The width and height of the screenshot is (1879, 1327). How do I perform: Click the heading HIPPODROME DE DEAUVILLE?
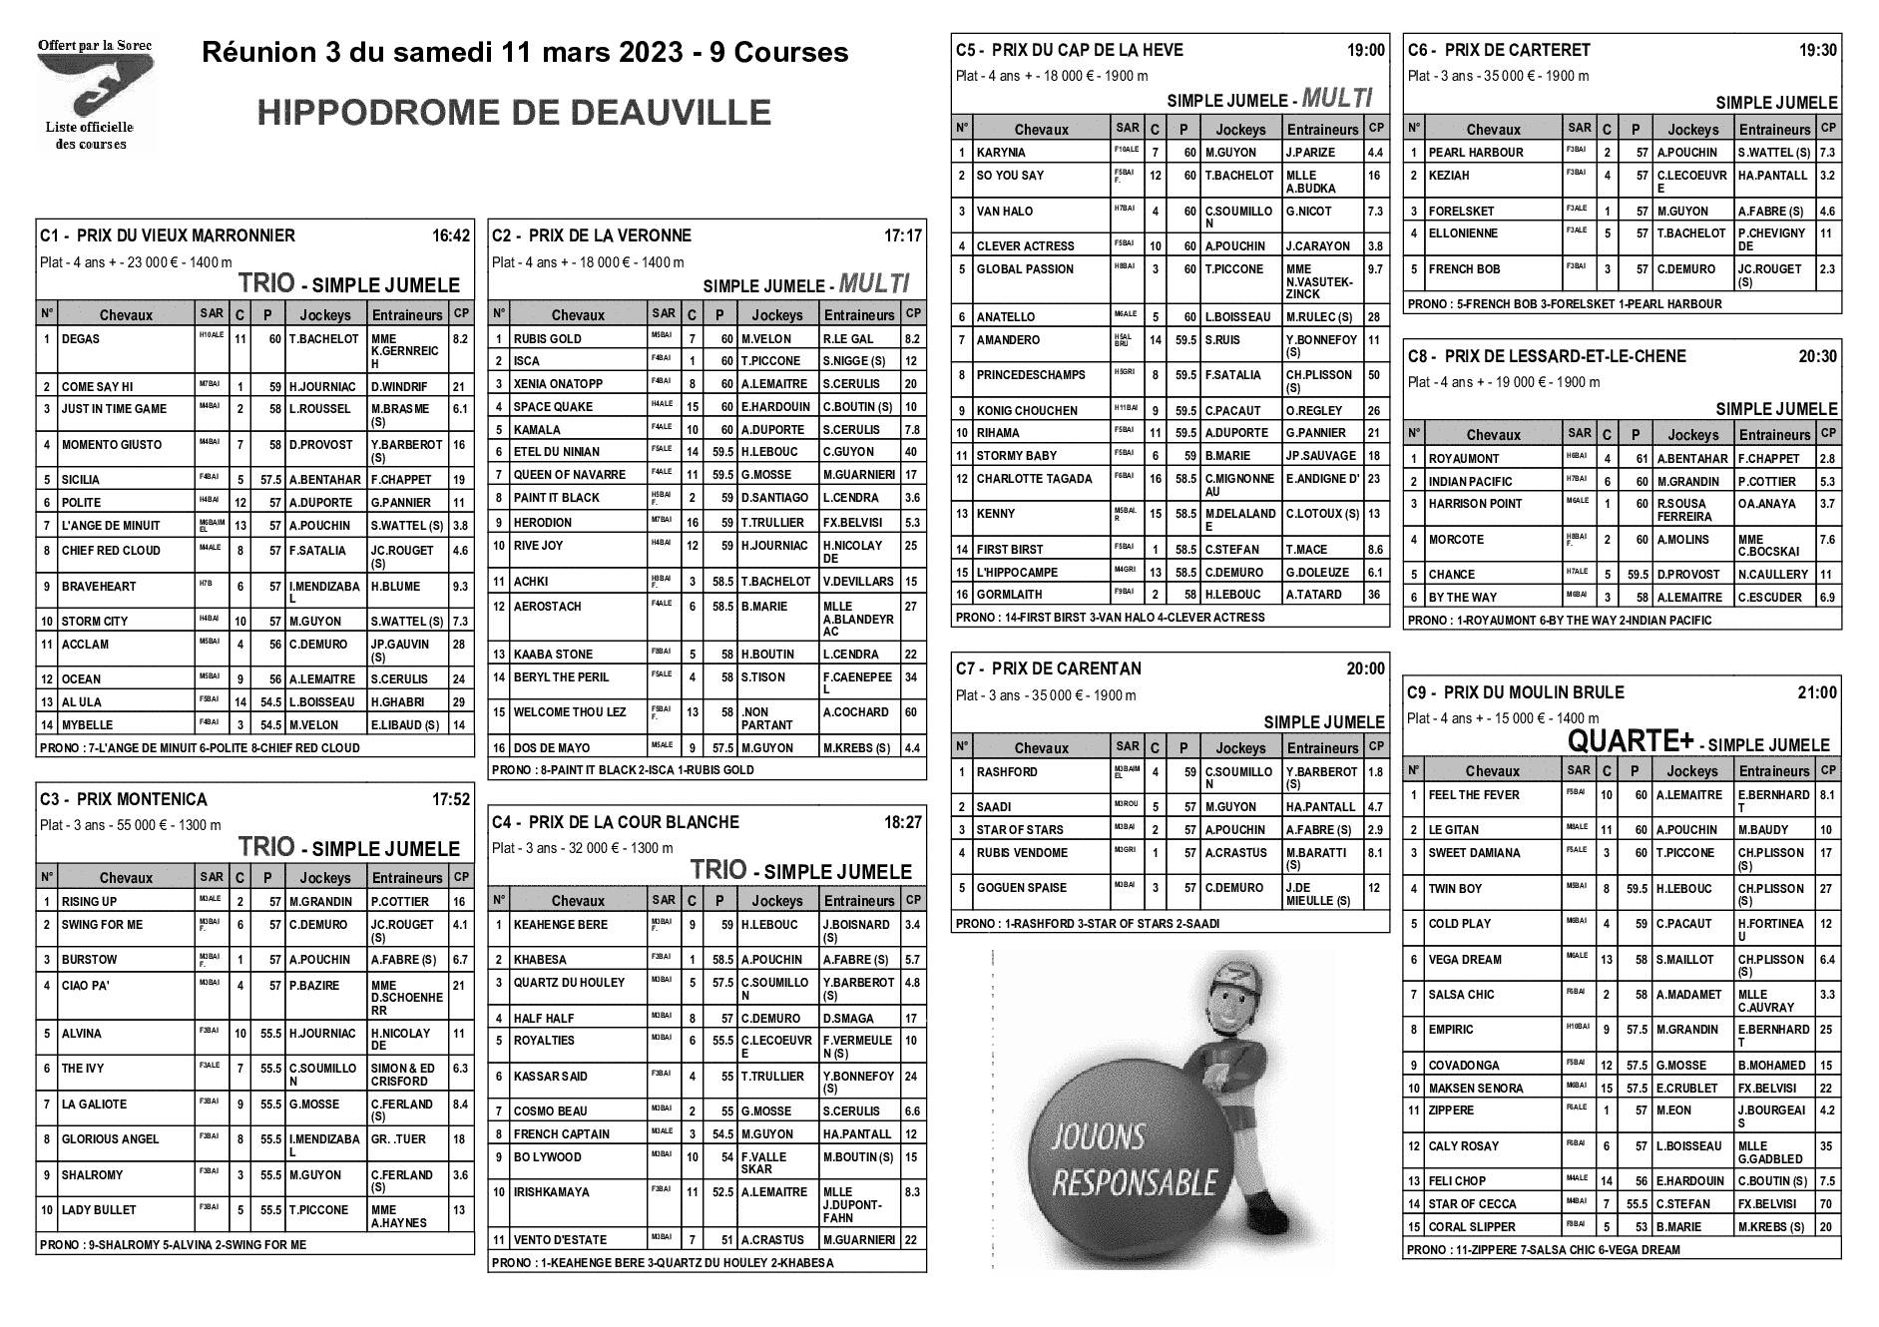click(514, 113)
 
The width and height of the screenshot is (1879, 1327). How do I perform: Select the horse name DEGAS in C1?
click(81, 339)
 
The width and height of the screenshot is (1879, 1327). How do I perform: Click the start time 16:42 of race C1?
click(450, 236)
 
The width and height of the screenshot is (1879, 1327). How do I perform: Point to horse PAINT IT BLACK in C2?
click(556, 498)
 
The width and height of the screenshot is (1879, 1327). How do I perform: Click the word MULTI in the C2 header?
click(874, 284)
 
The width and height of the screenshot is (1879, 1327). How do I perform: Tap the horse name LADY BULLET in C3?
click(99, 1210)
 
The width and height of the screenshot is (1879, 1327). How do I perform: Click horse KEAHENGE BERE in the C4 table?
click(560, 925)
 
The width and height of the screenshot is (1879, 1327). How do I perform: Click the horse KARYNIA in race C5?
click(1001, 153)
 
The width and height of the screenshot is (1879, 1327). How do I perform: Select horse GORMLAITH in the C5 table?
click(1009, 595)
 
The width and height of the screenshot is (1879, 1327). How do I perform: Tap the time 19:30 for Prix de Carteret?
click(1817, 50)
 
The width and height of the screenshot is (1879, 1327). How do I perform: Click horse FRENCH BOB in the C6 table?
click(1464, 269)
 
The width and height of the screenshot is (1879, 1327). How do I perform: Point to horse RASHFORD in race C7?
click(1006, 772)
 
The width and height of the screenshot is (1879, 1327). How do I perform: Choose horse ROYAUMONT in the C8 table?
click(1463, 459)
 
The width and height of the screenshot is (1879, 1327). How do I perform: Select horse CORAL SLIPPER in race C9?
click(1472, 1227)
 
